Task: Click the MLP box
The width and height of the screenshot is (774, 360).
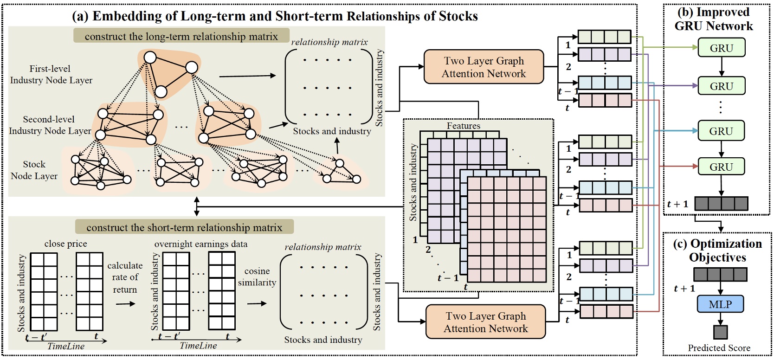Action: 720,304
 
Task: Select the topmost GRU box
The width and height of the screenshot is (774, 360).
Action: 722,48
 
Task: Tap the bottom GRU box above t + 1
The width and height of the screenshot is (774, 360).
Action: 721,167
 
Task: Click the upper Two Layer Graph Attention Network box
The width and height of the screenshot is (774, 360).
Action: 484,67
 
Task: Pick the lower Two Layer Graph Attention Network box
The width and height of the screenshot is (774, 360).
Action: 485,322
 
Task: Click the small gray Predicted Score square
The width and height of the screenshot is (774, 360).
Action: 720,332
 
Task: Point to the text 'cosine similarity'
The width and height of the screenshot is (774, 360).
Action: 257,276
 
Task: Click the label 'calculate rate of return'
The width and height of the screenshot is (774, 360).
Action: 125,277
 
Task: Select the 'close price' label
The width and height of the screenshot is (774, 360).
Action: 65,244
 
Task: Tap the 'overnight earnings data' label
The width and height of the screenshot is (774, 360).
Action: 201,244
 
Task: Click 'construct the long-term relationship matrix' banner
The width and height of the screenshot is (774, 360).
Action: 181,36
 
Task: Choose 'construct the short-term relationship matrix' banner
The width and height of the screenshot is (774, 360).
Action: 184,227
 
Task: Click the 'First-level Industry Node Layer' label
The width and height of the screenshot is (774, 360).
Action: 51,74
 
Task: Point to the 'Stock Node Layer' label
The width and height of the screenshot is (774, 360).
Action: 34,170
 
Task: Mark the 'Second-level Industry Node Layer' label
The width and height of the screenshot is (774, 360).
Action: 50,125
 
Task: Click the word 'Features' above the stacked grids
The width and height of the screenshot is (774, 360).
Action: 463,126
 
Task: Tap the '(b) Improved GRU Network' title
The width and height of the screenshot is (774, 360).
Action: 714,19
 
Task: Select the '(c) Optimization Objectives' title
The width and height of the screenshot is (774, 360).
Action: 717,251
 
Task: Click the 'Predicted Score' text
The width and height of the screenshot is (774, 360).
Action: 719,348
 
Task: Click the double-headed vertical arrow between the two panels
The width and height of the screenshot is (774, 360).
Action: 197,206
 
